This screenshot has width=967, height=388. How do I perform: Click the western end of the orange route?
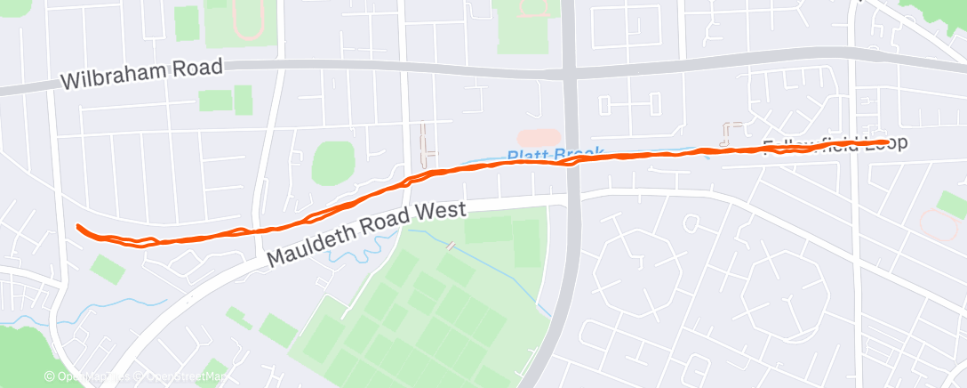[79, 227]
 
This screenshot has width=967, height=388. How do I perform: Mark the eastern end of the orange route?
[885, 141]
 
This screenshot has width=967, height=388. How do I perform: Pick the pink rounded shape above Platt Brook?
[539, 137]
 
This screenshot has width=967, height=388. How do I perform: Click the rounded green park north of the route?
[332, 163]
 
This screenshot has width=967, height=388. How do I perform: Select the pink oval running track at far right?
[939, 222]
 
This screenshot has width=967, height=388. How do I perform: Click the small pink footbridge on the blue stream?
[452, 245]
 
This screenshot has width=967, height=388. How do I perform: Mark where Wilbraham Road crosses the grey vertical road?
[570, 72]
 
